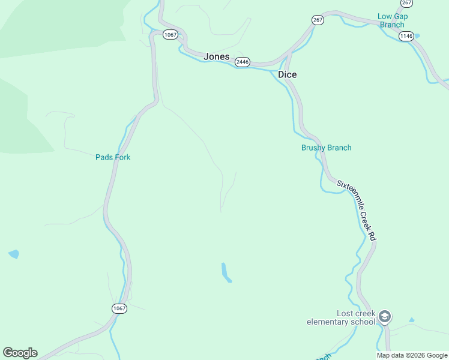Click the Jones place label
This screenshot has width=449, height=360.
click(216, 56)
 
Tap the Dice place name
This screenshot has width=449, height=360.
click(287, 74)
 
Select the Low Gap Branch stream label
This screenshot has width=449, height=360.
click(391, 20)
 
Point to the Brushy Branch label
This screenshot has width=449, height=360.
click(326, 148)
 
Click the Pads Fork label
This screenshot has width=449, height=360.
click(113, 157)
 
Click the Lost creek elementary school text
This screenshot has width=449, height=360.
click(340, 317)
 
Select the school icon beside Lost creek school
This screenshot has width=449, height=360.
click(385, 317)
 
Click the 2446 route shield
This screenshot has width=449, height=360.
click(243, 62)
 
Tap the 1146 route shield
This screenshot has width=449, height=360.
click(406, 36)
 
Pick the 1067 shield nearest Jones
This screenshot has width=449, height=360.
click(170, 35)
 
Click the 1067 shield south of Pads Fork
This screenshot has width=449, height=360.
click(119, 308)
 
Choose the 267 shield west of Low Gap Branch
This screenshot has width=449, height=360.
click(318, 20)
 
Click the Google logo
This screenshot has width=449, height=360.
click(20, 353)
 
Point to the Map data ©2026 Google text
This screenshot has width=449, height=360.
click(412, 355)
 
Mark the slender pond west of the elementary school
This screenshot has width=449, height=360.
click(226, 272)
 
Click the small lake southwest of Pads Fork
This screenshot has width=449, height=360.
click(13, 254)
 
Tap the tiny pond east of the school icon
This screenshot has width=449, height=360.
click(411, 320)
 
